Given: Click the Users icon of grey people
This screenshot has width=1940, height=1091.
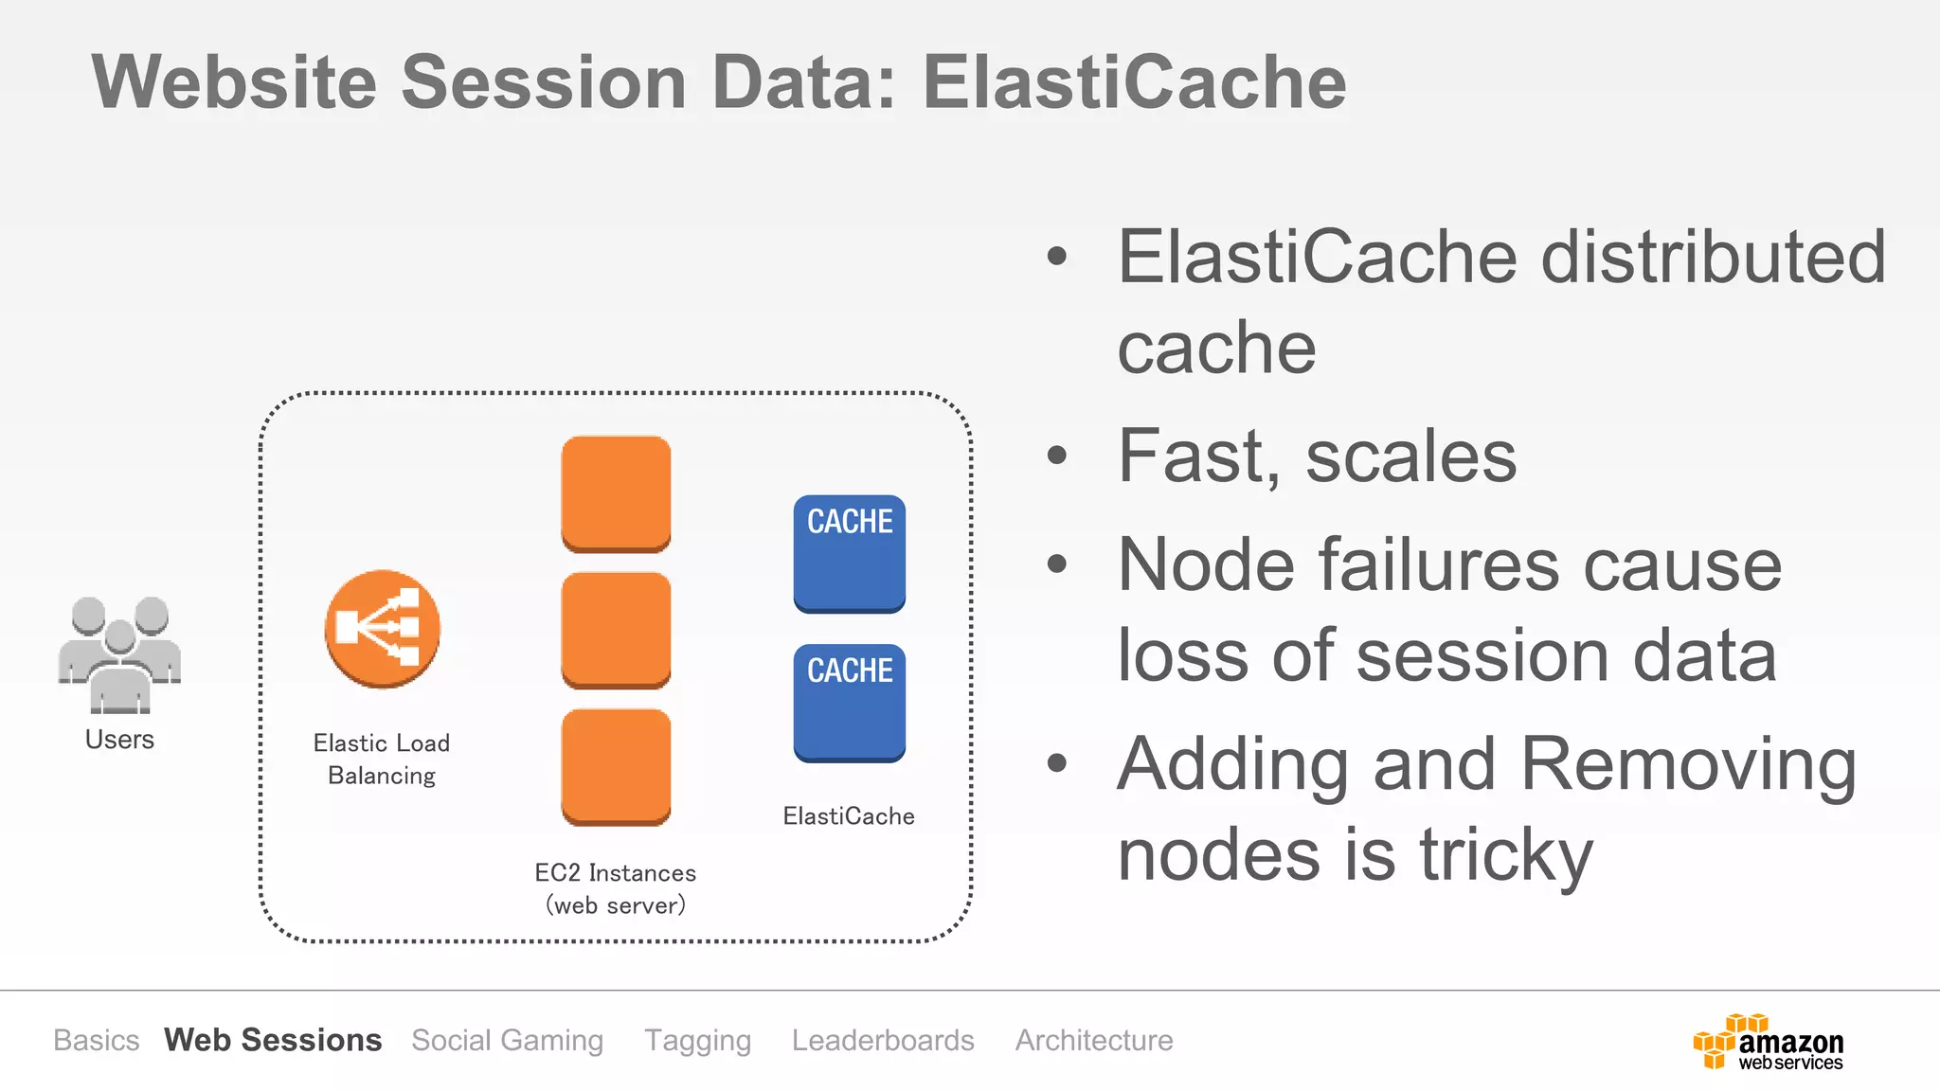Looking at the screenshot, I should (119, 654).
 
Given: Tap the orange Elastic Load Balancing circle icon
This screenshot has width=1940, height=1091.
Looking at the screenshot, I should (382, 629).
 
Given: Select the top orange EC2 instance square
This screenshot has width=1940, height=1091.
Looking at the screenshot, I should (616, 493).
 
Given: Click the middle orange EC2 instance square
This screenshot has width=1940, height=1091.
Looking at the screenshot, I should (616, 630).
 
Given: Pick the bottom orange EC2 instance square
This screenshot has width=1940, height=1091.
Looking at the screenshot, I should (616, 766).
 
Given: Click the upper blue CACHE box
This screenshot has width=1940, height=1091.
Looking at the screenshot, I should (849, 553).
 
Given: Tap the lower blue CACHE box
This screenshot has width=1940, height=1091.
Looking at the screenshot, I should (849, 702).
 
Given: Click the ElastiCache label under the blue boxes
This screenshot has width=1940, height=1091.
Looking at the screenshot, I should (849, 816).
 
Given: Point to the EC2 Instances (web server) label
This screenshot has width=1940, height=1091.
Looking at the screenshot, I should (616, 888).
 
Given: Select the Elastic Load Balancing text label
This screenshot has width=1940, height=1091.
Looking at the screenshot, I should (382, 759).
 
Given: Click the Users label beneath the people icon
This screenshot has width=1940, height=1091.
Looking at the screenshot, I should (119, 740).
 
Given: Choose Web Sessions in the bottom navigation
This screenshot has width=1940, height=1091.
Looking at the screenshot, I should (273, 1040).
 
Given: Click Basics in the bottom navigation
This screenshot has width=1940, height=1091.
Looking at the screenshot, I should (97, 1040).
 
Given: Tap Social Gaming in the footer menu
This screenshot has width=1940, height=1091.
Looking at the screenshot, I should (508, 1040).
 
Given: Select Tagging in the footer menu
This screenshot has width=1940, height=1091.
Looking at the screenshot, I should (698, 1040).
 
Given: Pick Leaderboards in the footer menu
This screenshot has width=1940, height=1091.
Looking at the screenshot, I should (883, 1040).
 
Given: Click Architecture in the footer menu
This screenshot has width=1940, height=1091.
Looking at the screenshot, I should (1094, 1040).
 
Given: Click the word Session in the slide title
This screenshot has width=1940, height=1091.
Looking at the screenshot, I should (544, 82).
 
